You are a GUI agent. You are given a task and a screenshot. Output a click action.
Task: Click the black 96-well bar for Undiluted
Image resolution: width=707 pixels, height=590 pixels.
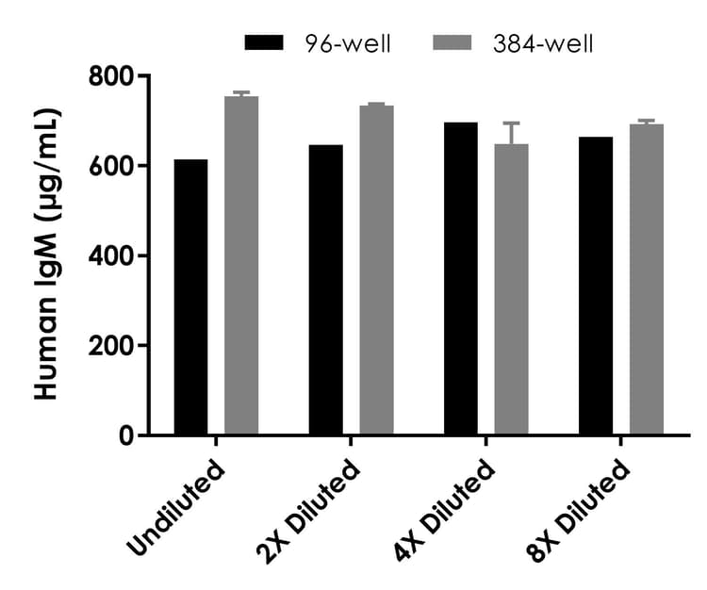pyautogui.click(x=190, y=298)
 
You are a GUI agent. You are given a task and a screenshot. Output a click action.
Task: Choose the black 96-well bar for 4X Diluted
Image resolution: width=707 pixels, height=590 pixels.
pyautogui.click(x=460, y=279)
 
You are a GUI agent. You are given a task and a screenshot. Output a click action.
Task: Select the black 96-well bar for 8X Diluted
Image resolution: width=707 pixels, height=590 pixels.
pyautogui.click(x=595, y=287)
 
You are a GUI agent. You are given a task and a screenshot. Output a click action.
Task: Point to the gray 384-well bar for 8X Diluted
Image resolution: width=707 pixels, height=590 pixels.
pyautogui.click(x=647, y=280)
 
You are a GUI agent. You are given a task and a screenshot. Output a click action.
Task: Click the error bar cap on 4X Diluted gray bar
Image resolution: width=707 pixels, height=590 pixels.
pyautogui.click(x=511, y=123)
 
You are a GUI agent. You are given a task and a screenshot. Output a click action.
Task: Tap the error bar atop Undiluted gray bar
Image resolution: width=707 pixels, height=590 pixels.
pyautogui.click(x=241, y=93)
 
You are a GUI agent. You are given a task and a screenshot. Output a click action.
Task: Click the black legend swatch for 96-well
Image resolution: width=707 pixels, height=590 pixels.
pyautogui.click(x=263, y=42)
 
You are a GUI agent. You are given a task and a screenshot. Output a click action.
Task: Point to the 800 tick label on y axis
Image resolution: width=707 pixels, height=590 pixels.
pyautogui.click(x=109, y=75)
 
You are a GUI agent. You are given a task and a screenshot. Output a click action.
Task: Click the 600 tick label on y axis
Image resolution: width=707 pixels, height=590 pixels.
pyautogui.click(x=109, y=166)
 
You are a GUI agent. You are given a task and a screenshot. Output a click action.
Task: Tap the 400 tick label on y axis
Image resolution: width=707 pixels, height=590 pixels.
pyautogui.click(x=109, y=255)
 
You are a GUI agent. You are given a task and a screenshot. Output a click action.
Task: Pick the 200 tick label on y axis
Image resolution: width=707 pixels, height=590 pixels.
pyautogui.click(x=109, y=346)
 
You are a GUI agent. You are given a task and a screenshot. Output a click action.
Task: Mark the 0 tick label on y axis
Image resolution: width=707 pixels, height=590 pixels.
pyautogui.click(x=123, y=435)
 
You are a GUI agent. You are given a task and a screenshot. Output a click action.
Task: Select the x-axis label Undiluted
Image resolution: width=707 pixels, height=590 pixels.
pyautogui.click(x=178, y=508)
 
